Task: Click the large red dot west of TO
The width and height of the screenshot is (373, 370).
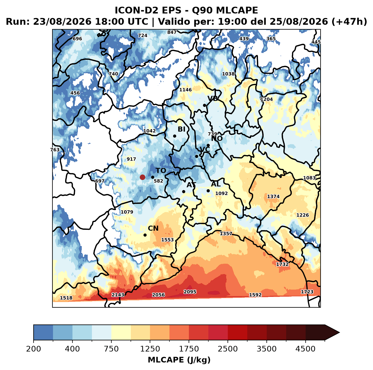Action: click(x=142, y=177)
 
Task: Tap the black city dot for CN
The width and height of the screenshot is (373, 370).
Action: click(x=145, y=235)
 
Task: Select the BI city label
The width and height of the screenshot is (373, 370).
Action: click(x=181, y=129)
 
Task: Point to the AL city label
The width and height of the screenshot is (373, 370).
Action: click(x=216, y=184)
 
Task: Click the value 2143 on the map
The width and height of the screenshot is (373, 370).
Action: click(x=118, y=295)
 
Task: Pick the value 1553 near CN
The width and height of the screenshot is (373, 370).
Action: click(x=167, y=240)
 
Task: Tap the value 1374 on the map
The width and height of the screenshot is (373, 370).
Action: click(x=273, y=197)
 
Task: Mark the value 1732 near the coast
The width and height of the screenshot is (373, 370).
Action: click(x=282, y=264)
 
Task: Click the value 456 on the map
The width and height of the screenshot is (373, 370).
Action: click(x=75, y=93)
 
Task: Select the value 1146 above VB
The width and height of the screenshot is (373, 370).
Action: click(x=185, y=90)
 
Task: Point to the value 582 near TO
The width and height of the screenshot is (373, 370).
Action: click(x=158, y=181)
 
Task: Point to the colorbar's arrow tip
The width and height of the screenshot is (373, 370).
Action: click(x=339, y=332)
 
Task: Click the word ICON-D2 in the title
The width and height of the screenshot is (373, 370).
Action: click(x=137, y=10)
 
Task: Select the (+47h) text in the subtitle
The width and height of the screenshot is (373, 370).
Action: click(x=349, y=21)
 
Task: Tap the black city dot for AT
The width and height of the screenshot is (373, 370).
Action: click(x=184, y=191)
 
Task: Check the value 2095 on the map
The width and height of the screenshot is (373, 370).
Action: click(x=190, y=292)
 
